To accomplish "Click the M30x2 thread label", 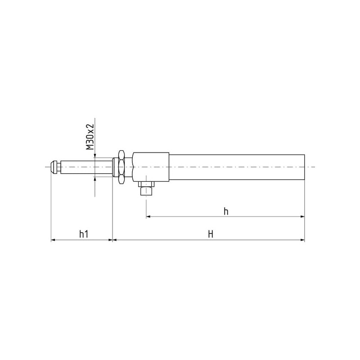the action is point(90,137).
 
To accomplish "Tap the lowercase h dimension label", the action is point(226,211).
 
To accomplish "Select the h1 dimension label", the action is point(84,234).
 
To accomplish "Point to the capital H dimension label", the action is point(211,234).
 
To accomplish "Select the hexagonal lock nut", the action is point(121,167).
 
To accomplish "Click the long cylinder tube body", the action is point(237,167).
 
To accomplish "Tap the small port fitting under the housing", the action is point(146,188).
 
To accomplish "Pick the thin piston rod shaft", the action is point(87,167).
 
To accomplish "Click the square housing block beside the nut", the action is point(151,167).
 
